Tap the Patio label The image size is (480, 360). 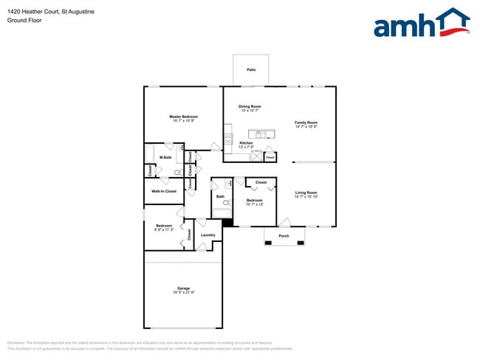pyautogui.click(x=251, y=70)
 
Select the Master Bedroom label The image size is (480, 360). pyautogui.click(x=183, y=117)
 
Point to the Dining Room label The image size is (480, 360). pyautogui.click(x=250, y=106)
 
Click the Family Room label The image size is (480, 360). pyautogui.click(x=306, y=122)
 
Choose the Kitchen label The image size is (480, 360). pyautogui.click(x=246, y=142)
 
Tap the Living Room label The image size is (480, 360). pyautogui.click(x=306, y=193)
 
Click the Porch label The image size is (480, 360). pyautogui.click(x=284, y=236)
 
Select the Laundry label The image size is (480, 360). pyautogui.click(x=208, y=235)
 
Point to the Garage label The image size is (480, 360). pyautogui.click(x=183, y=288)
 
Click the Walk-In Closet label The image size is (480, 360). pyautogui.click(x=164, y=191)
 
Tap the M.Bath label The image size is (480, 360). pyautogui.click(x=165, y=156)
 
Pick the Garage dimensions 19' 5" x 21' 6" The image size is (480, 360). pyautogui.click(x=183, y=292)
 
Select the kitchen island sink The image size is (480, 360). pyautogui.click(x=260, y=134)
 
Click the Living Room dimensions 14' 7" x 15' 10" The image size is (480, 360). pyautogui.click(x=306, y=197)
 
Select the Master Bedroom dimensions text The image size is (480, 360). pyautogui.click(x=183, y=121)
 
